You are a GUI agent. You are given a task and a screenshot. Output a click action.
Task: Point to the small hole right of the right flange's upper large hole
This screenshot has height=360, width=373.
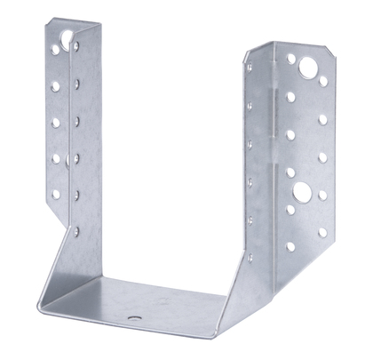click(x=322, y=80)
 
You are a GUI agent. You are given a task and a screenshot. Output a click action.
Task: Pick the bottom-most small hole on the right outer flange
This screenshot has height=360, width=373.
click(x=322, y=233)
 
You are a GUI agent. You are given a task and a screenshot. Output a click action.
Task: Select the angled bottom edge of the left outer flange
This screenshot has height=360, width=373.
click(x=56, y=212)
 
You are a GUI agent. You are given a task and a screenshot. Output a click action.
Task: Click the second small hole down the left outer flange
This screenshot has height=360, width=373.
click(x=53, y=85)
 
